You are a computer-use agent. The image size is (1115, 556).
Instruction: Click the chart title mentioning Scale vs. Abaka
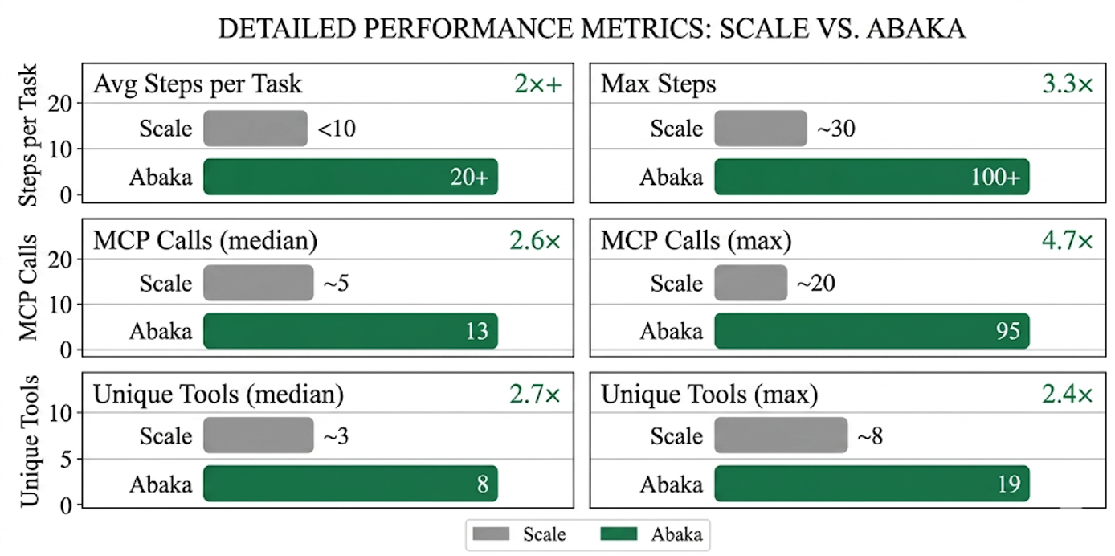click(591, 30)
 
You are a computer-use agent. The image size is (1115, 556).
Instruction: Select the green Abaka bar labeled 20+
click(350, 177)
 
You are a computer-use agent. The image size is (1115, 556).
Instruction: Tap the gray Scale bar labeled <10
click(255, 129)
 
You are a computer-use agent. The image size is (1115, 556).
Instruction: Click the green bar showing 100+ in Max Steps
click(872, 177)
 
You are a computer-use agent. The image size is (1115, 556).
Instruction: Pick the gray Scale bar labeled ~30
click(760, 129)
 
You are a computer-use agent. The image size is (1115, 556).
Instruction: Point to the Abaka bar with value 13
click(350, 331)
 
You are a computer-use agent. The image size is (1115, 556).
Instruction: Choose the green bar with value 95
click(872, 331)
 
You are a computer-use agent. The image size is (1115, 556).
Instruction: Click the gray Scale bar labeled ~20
click(750, 283)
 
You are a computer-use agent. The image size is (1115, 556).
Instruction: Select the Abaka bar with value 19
click(872, 484)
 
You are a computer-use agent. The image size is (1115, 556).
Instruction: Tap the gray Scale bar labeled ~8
click(781, 435)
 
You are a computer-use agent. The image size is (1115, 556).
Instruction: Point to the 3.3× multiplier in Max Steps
click(1068, 84)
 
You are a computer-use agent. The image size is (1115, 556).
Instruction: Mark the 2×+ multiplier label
click(537, 84)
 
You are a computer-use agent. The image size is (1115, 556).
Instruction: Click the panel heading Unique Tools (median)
click(219, 395)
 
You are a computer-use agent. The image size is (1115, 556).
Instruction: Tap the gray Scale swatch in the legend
click(492, 534)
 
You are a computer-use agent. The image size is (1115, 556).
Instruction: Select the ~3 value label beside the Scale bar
click(336, 436)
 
